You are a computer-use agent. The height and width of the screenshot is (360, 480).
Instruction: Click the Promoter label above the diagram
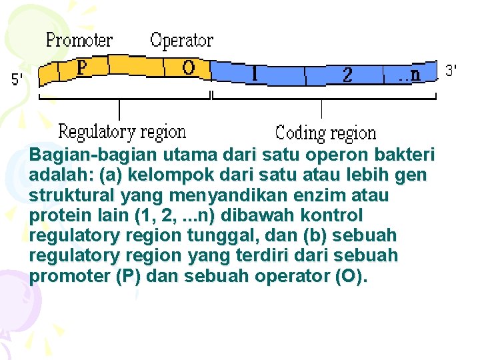[79, 41]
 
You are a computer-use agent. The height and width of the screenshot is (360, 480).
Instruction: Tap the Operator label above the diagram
[181, 41]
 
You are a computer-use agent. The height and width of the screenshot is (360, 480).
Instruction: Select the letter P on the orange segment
[81, 68]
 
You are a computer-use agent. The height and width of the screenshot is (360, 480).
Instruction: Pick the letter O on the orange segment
[189, 68]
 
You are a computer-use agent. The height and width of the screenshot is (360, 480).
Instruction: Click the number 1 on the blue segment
[255, 73]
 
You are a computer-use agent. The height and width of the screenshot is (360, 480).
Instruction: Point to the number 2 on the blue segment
[347, 75]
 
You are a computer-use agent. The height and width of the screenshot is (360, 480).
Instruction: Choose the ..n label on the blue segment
[409, 75]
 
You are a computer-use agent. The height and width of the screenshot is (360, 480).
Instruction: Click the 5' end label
[18, 80]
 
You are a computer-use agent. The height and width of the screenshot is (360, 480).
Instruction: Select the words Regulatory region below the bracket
[122, 132]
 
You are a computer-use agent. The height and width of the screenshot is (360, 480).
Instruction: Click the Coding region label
[325, 133]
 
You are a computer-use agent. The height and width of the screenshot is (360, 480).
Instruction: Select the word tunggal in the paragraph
[220, 236]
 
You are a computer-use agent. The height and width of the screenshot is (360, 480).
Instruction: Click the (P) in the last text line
[128, 277]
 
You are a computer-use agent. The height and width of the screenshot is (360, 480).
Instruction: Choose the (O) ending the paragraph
[351, 277]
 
